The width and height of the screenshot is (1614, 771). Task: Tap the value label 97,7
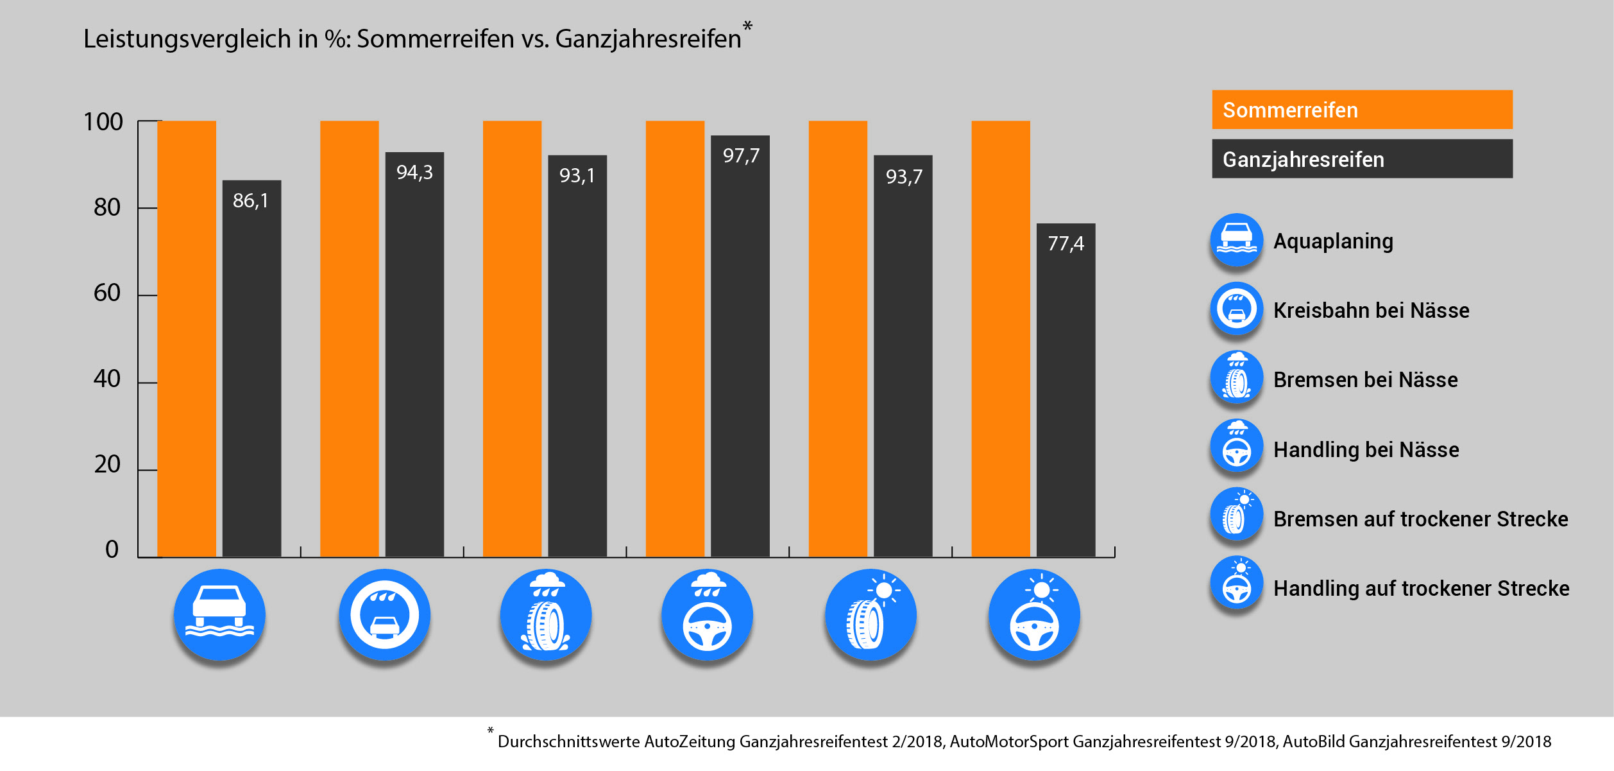point(741,156)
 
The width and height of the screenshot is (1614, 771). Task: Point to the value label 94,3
point(414,173)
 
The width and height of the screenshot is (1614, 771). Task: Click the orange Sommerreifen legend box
point(1362,110)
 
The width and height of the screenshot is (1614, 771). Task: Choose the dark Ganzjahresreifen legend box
point(1362,159)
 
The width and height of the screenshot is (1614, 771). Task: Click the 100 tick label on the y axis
point(103,122)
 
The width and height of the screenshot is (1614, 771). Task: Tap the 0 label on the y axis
point(112,550)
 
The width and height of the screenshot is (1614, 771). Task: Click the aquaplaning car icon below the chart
point(219,615)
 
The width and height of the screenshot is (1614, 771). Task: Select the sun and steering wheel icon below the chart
point(1034,615)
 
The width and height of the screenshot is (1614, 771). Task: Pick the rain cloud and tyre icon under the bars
point(546,615)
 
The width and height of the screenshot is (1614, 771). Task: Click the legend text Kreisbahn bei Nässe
point(1371,311)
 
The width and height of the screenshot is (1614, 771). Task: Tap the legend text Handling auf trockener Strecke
point(1421,589)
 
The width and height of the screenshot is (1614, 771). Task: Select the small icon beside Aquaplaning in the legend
point(1236,240)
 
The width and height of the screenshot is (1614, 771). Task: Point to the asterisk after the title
point(747,27)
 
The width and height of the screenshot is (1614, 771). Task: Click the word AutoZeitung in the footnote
point(690,742)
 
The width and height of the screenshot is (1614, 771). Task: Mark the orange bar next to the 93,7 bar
point(838,338)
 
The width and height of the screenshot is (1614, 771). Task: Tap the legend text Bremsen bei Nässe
point(1365,380)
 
